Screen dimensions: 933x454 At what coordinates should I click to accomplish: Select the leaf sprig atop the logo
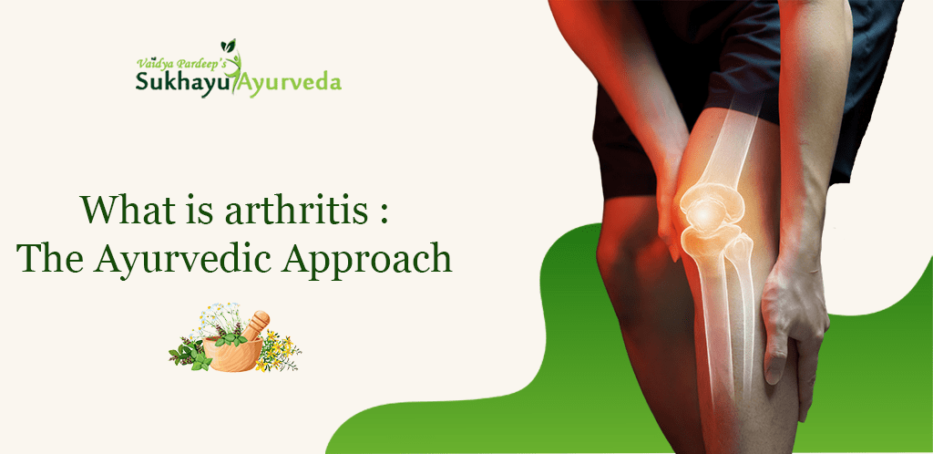click(x=228, y=46)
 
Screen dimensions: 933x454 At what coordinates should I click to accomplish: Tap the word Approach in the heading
click(x=367, y=262)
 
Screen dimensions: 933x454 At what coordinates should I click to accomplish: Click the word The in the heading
click(x=50, y=259)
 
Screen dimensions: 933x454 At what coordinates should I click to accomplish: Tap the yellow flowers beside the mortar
click(x=279, y=350)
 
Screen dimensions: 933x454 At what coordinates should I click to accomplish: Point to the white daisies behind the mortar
click(x=218, y=318)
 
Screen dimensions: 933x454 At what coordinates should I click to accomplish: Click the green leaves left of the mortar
click(x=190, y=354)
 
